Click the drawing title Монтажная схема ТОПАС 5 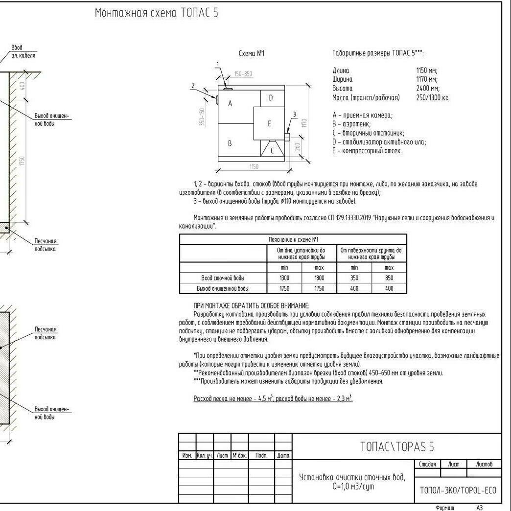[x=157, y=13]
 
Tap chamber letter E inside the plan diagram [x=269, y=124]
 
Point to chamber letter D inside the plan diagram [x=271, y=98]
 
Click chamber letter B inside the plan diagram [x=230, y=144]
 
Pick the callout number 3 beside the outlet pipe [x=294, y=115]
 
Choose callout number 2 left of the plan [x=193, y=86]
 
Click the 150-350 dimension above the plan [x=243, y=74]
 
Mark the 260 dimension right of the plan [x=297, y=146]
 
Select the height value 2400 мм [x=427, y=89]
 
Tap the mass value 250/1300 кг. [x=433, y=98]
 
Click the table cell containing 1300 [x=284, y=278]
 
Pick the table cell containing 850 [x=389, y=278]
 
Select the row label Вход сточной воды [x=223, y=278]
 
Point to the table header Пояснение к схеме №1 [x=293, y=239]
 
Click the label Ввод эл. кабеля [x=23, y=51]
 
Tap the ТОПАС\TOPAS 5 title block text [x=397, y=446]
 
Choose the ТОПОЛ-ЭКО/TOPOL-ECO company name [x=458, y=490]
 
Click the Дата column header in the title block [x=283, y=455]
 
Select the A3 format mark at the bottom [x=480, y=508]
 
